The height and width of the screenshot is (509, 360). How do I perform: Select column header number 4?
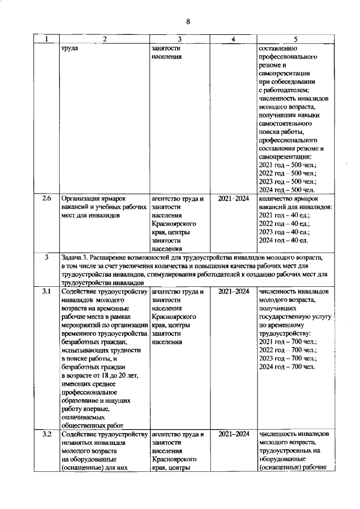click(232, 39)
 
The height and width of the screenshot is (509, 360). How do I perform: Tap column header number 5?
click(295, 39)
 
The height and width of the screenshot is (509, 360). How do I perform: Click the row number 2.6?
click(46, 199)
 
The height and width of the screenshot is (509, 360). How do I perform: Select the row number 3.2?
click(46, 434)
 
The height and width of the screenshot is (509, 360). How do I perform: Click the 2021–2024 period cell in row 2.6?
click(233, 199)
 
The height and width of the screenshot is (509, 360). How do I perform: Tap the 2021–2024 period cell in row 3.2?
click(233, 434)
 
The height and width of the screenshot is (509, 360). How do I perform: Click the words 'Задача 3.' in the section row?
click(76, 257)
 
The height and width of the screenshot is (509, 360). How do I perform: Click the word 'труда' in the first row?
click(70, 48)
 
